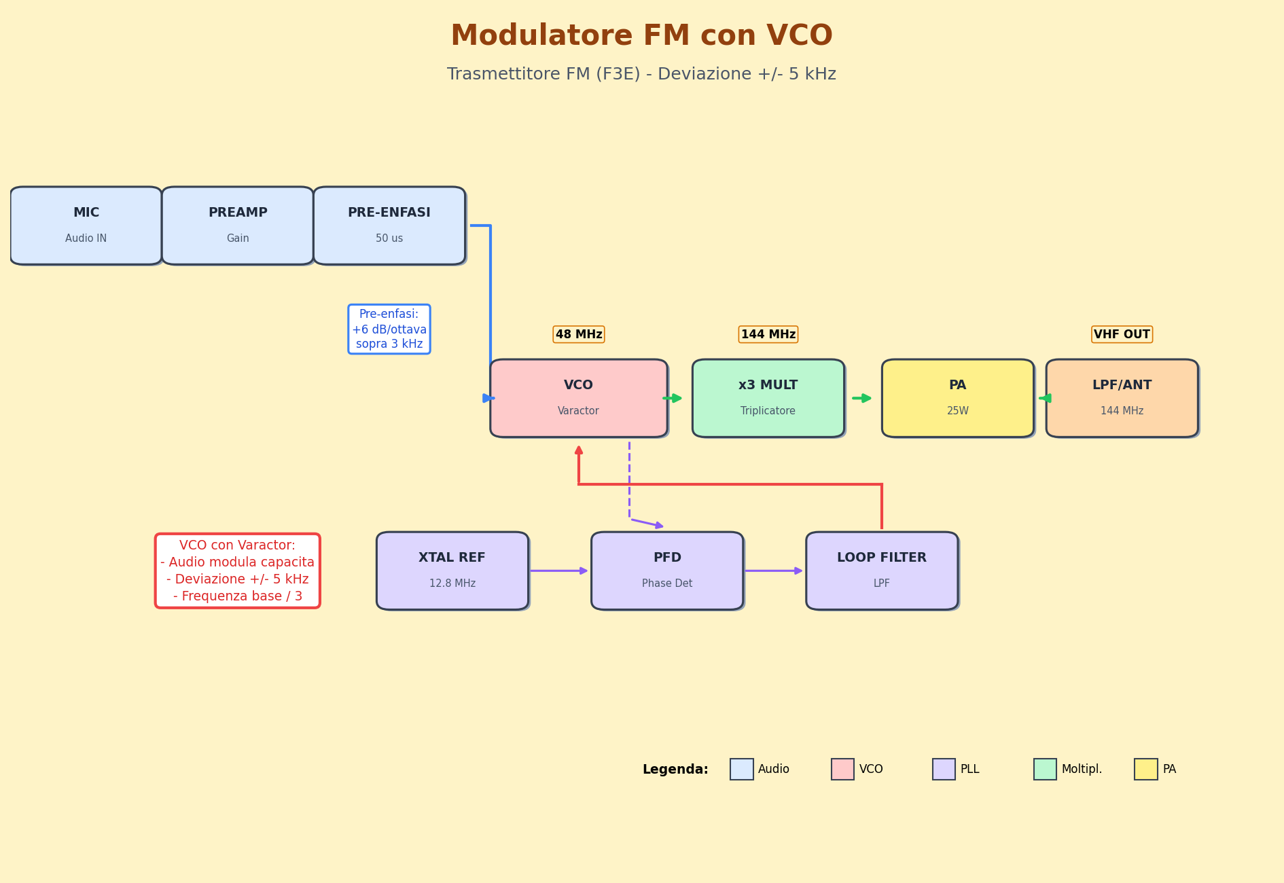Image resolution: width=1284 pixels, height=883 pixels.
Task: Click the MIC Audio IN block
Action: point(86,226)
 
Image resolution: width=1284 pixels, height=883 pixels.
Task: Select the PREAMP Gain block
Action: point(238,226)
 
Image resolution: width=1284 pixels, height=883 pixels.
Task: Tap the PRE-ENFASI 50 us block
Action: point(389,226)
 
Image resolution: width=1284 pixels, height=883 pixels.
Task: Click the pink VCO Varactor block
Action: point(578,398)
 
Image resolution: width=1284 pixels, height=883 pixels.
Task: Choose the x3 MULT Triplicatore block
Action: point(768,398)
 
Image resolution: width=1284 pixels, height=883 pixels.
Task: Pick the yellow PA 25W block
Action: point(957,398)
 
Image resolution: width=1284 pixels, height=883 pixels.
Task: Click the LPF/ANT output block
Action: point(1122,398)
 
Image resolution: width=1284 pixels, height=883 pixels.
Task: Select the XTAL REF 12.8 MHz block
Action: point(452,571)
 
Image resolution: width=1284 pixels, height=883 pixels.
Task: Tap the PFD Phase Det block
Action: point(667,571)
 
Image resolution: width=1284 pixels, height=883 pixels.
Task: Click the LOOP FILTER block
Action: point(882,571)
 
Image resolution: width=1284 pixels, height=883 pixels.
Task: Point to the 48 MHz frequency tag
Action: point(578,334)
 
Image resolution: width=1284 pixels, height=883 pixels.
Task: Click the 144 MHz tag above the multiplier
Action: point(768,334)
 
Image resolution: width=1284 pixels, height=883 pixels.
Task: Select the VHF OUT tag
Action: point(1122,334)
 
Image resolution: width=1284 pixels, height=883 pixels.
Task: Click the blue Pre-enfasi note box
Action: point(389,329)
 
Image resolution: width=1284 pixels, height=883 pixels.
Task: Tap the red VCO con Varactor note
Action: point(238,571)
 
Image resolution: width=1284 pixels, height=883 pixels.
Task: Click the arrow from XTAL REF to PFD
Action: point(559,571)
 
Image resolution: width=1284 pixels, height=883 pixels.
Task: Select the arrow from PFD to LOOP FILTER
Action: point(774,571)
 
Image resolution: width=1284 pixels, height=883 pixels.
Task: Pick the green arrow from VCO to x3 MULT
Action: point(673,398)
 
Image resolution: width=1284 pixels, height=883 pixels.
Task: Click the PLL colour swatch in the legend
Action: point(944,769)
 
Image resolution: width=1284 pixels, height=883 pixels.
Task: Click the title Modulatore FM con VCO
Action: point(641,36)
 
